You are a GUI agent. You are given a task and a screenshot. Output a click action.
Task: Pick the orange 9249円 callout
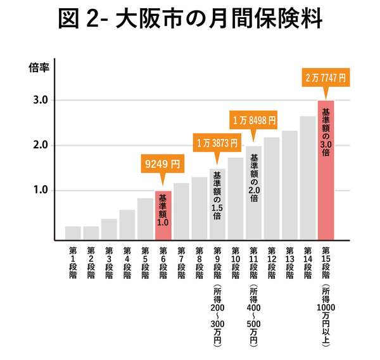click(163, 164)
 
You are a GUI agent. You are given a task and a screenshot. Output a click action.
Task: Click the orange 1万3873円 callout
click(217, 143)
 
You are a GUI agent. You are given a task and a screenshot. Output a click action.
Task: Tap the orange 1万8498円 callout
click(253, 119)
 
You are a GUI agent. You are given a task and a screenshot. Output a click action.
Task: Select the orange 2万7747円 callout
click(326, 79)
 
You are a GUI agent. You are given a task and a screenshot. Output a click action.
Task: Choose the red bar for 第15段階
click(326, 171)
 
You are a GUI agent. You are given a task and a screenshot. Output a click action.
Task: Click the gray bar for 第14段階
click(308, 178)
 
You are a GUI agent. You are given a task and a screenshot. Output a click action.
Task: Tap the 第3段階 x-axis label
click(109, 261)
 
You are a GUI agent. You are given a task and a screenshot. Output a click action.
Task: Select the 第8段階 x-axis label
click(199, 261)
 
